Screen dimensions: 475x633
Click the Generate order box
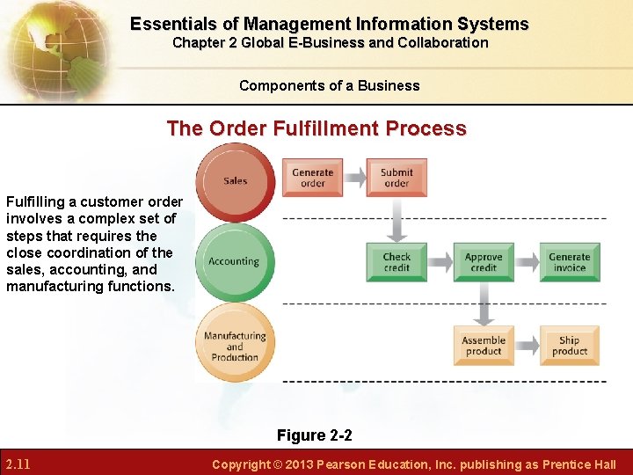click(312, 178)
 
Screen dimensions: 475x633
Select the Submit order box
click(397, 178)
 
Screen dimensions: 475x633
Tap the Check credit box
click(397, 262)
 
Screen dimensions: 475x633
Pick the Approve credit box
click(483, 262)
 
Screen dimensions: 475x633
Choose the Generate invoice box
click(569, 262)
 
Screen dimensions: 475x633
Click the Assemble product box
click(483, 346)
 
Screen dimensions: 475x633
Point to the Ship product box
click(569, 346)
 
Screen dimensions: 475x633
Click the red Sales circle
click(235, 181)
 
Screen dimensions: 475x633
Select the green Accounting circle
click(234, 261)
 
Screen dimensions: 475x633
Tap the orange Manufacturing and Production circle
click(235, 346)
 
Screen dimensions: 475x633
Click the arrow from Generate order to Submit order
click(354, 178)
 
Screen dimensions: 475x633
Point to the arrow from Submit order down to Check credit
click(397, 219)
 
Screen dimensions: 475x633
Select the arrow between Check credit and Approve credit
click(440, 262)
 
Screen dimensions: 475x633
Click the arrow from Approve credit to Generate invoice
click(526, 262)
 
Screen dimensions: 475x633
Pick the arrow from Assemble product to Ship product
click(526, 346)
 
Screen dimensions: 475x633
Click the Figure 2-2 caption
click(315, 435)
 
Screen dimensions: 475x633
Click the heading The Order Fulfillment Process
click(316, 128)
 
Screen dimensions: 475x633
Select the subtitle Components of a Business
click(330, 85)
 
